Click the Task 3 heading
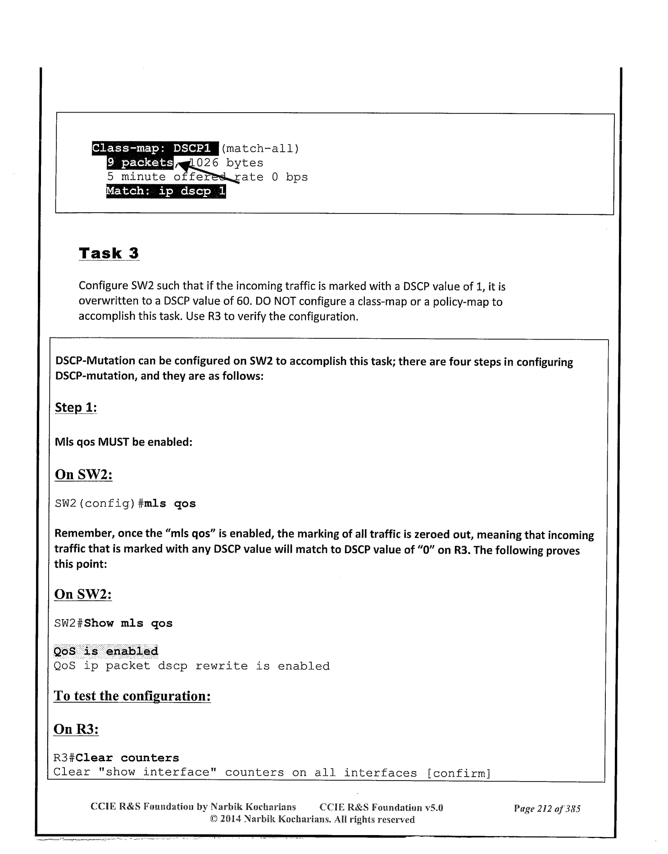[x=109, y=253]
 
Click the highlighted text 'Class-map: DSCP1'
[x=155, y=148]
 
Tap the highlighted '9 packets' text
[x=140, y=163]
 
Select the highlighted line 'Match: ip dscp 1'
[x=166, y=191]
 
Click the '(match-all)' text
[x=260, y=148]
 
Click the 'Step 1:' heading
[x=76, y=408]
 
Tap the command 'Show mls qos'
[x=128, y=623]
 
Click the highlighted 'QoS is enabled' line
[x=106, y=651]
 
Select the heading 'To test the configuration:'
[x=132, y=696]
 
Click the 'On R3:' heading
[x=76, y=729]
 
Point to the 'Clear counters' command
[x=127, y=758]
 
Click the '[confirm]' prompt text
[x=458, y=773]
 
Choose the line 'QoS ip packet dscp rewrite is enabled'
[x=192, y=666]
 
